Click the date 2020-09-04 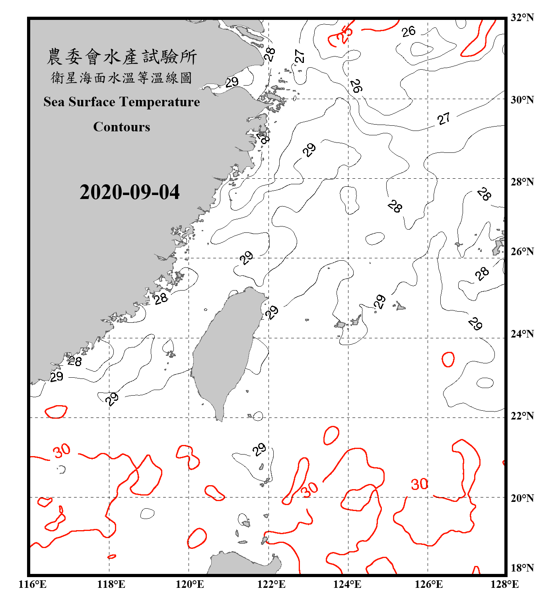click(x=129, y=192)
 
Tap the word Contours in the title click(x=121, y=127)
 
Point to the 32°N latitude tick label click(x=522, y=17)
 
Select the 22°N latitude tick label click(x=522, y=416)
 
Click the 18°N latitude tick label click(x=522, y=568)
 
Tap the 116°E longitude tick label click(x=32, y=584)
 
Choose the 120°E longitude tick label click(x=190, y=584)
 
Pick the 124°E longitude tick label click(x=347, y=584)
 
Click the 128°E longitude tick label click(x=504, y=584)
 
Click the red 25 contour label click(x=344, y=33)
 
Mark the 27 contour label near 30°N click(x=444, y=119)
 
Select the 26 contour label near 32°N click(x=409, y=31)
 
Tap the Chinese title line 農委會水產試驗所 click(x=121, y=57)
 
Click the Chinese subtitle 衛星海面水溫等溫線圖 click(x=121, y=78)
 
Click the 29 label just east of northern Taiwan click(x=272, y=312)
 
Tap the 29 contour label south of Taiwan click(x=259, y=450)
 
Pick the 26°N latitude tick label click(x=522, y=252)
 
